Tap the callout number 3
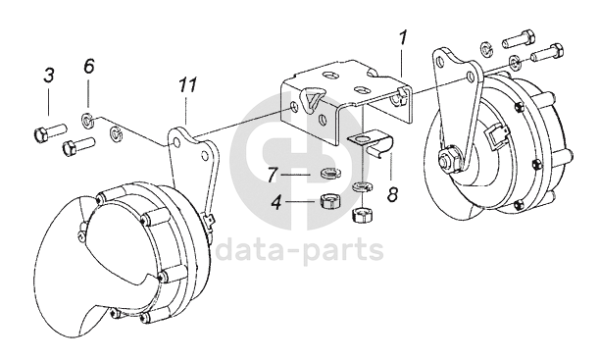coord(49,76)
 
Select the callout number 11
coord(188,85)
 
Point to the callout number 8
coord(392,194)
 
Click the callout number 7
coord(273,175)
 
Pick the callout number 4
coord(276,202)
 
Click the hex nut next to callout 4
coord(326,201)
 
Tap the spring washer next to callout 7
coord(329,174)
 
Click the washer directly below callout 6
coord(87,121)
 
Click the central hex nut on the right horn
coord(447,157)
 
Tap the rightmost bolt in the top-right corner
coord(548,53)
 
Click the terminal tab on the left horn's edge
coord(209,223)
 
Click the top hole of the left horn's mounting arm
coord(176,143)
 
